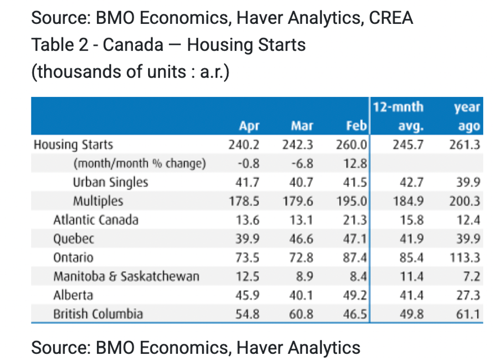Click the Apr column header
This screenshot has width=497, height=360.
click(250, 126)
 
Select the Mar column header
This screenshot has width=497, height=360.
click(302, 126)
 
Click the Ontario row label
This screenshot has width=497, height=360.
click(74, 258)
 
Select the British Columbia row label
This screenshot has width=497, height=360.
click(98, 314)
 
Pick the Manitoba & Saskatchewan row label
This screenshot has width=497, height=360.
click(126, 277)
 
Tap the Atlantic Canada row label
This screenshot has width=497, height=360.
click(96, 220)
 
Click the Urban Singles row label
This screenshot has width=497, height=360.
click(111, 183)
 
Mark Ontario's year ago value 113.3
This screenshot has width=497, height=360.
click(465, 258)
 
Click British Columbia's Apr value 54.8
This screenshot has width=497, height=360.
click(248, 314)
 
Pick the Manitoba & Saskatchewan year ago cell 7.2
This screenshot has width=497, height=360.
click(471, 277)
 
